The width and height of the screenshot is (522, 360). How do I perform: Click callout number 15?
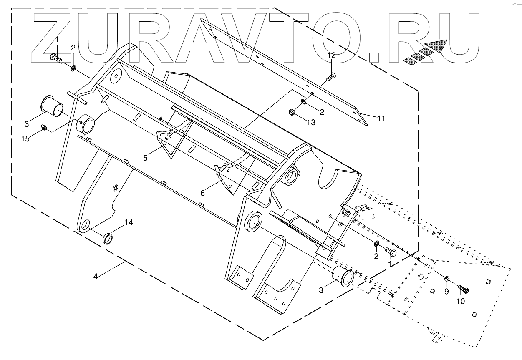point(26,138)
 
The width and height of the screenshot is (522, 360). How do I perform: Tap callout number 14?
point(128,223)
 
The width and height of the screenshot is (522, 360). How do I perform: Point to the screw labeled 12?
point(330,76)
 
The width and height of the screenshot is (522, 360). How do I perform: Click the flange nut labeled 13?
point(292,111)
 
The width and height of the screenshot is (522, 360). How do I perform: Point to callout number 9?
point(446,292)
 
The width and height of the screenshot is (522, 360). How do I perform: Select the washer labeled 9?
point(447,278)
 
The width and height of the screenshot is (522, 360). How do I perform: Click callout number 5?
point(145,158)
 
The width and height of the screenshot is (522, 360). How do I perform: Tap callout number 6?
point(203,193)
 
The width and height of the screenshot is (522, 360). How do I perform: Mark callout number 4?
point(96,277)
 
